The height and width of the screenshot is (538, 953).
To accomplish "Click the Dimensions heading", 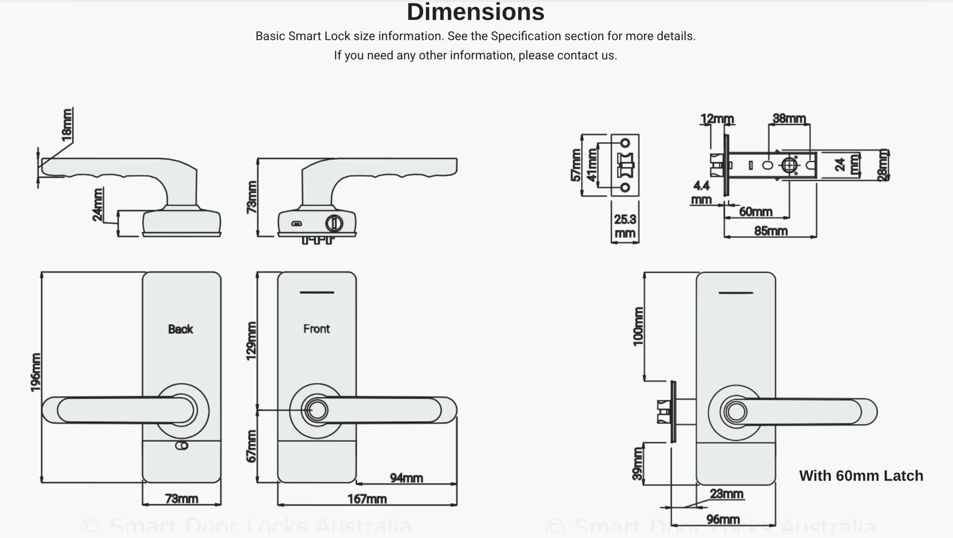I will tap(475, 12).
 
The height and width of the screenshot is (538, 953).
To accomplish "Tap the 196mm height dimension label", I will tap(35, 372).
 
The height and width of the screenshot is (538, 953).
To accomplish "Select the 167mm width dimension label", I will tap(367, 499).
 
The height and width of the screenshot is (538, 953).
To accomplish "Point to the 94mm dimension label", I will tap(406, 478).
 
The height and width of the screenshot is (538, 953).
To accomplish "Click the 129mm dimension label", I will tap(251, 341).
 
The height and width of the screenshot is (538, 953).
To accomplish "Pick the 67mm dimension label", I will tap(251, 446).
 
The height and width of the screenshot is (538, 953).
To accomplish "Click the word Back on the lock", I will tap(180, 329).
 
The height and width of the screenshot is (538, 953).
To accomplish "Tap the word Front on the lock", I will tap(316, 329).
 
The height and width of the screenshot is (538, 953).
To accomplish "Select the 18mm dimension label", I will tap(68, 125).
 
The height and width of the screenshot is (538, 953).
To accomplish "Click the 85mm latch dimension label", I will tap(770, 231).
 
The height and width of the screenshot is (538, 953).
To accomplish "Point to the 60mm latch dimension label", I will tap(755, 211).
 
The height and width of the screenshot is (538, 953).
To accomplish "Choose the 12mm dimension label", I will tap(717, 119).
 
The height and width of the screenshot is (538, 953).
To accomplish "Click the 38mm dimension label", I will tap(788, 119).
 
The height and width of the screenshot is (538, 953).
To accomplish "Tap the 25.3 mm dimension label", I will tap(625, 226).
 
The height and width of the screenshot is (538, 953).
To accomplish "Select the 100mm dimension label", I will tap(638, 327).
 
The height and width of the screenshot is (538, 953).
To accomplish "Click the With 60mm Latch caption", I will tap(861, 476).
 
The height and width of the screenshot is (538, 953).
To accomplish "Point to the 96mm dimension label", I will tap(722, 520).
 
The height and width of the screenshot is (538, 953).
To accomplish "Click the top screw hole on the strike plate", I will tap(625, 143).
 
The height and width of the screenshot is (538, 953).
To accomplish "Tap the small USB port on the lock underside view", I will tap(297, 224).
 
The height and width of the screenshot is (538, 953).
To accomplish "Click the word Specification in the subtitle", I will tap(526, 36).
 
